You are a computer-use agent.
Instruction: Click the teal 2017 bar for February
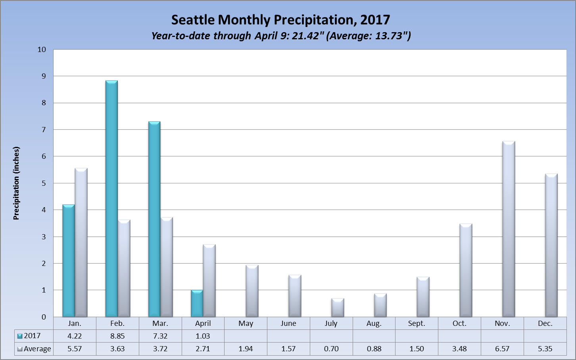coord(111,198)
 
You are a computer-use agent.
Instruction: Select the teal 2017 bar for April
coord(197,304)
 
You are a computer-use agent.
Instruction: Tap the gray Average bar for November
coord(509,229)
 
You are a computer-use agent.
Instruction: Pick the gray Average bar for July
coord(338,308)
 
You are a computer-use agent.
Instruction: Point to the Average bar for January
coord(81,243)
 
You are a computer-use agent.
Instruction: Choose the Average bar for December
coord(551,245)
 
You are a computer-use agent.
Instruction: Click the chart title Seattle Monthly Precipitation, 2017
coord(280,20)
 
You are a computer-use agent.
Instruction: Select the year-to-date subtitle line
coord(281,36)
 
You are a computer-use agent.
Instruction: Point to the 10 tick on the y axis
coord(42,50)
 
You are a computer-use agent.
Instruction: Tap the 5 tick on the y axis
coord(44,183)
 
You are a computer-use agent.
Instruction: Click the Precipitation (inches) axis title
coord(16,183)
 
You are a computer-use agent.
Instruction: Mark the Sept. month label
coord(417,323)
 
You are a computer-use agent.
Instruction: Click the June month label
coord(288,323)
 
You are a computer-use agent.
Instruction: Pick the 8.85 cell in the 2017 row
coord(117,336)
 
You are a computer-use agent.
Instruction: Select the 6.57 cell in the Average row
coord(502,349)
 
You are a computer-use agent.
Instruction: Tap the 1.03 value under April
coord(203,336)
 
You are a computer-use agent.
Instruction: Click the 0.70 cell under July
coord(331,349)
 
